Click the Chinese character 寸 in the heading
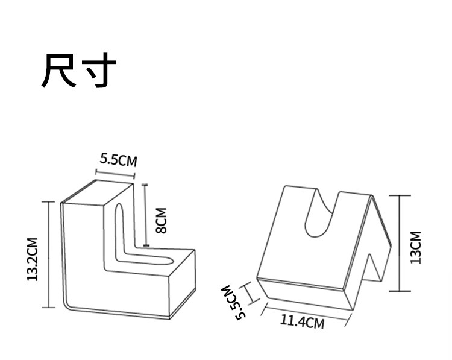97,72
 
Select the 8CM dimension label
161,220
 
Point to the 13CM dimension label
416,247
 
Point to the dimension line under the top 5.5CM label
114,174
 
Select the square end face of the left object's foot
182,283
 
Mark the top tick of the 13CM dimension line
400,195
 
